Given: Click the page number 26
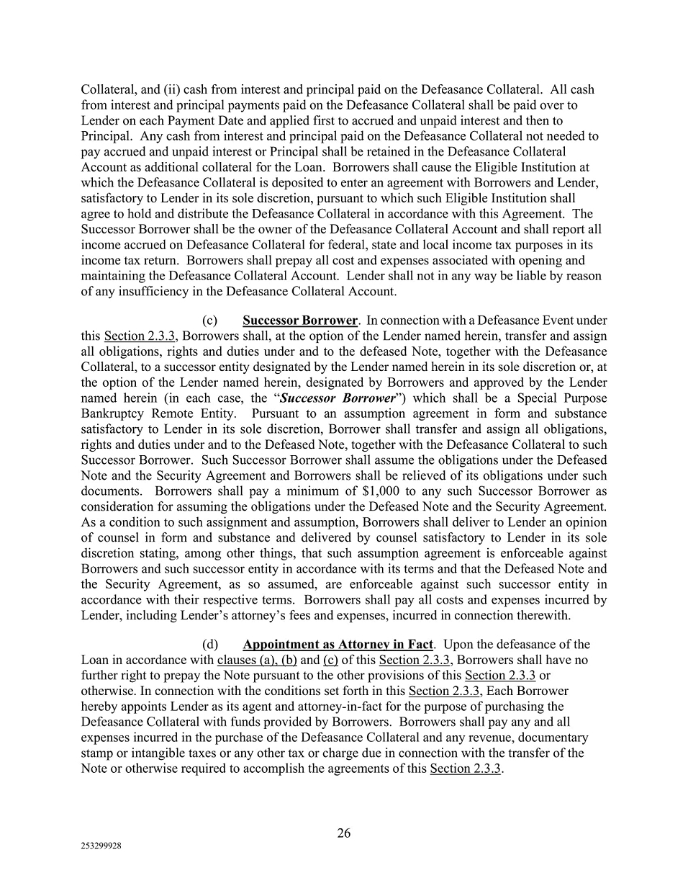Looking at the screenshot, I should tap(344, 833).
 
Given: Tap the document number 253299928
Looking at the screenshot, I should tap(101, 848).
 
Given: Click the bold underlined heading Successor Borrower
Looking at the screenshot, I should tap(300, 321).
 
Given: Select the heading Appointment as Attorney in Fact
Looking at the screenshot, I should tap(338, 645).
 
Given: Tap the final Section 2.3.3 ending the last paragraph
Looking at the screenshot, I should tap(465, 769).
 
